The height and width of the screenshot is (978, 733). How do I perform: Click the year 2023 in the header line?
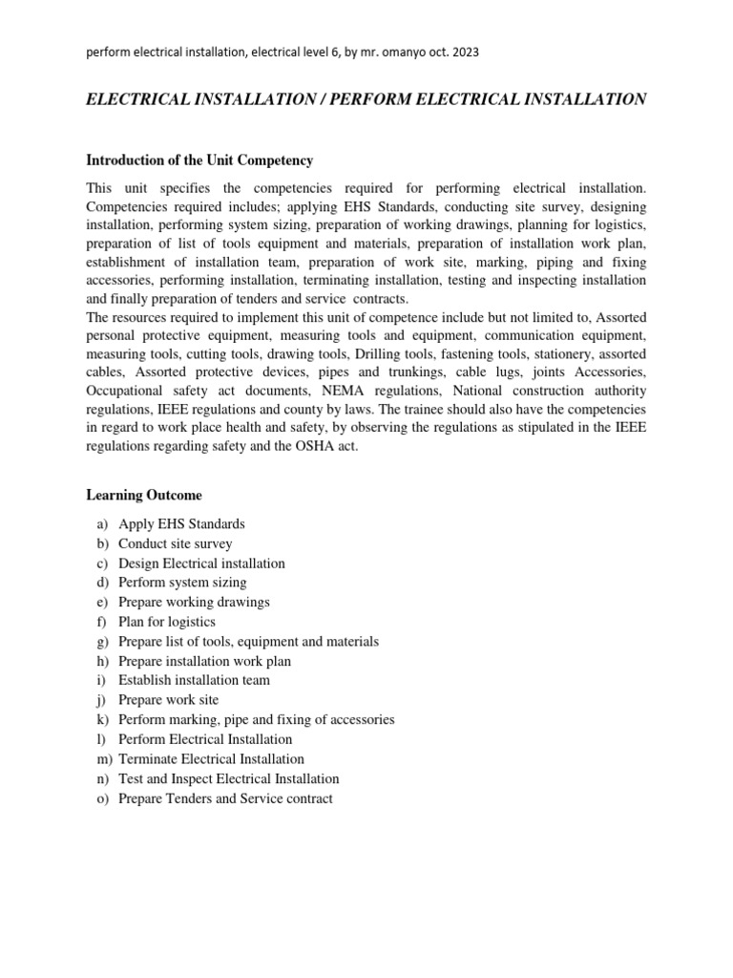[465, 53]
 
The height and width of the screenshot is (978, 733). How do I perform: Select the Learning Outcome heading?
[144, 495]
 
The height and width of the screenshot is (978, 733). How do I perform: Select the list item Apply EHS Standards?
[181, 524]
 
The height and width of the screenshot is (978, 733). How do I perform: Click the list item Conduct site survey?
[176, 543]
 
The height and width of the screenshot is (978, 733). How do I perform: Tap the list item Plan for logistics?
[167, 622]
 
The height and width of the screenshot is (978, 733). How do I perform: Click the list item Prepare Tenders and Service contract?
[225, 798]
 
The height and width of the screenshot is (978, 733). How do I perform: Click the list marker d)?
[102, 583]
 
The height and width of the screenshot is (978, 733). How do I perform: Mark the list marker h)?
[102, 661]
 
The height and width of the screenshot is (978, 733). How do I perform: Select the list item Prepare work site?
[168, 700]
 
